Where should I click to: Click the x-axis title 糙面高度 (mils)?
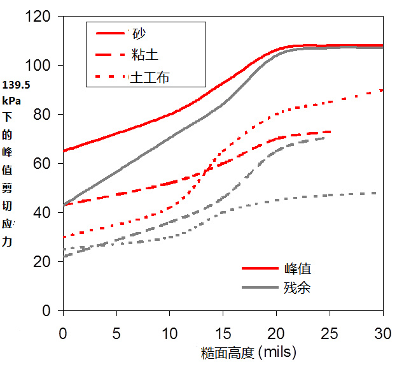coord(239,352)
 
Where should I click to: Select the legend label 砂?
coord(138,33)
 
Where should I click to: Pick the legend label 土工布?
coord(150,77)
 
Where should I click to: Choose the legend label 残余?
coord(297,287)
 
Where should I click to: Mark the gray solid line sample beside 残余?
coord(260,287)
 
